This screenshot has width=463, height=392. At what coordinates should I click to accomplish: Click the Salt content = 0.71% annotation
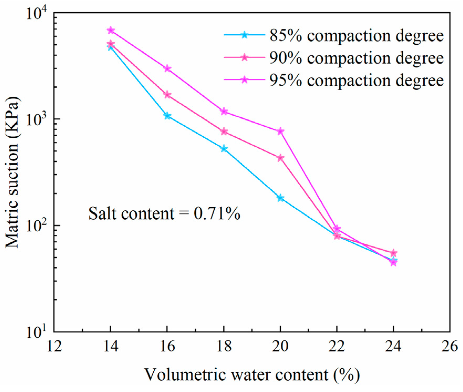pyautogui.click(x=164, y=213)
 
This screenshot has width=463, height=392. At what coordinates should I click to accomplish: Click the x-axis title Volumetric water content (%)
pyautogui.click(x=252, y=374)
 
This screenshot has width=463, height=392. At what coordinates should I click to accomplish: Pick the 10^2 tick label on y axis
pyautogui.click(x=36, y=226)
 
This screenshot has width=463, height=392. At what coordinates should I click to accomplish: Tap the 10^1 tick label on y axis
pyautogui.click(x=36, y=333)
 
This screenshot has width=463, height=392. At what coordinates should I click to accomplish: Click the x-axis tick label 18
pyautogui.click(x=224, y=347)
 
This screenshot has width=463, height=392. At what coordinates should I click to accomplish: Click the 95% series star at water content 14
pyautogui.click(x=111, y=30)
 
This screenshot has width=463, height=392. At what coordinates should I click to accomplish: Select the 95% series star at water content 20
pyautogui.click(x=280, y=131)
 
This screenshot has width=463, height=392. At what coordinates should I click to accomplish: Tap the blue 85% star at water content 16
pyautogui.click(x=167, y=116)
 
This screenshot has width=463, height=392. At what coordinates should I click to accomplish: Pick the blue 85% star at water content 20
pyautogui.click(x=280, y=198)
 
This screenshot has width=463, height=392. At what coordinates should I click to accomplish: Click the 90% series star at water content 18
pyautogui.click(x=224, y=131)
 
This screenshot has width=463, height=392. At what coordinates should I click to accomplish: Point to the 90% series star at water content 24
pyautogui.click(x=393, y=253)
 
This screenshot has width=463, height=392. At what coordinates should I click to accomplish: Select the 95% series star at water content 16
pyautogui.click(x=167, y=69)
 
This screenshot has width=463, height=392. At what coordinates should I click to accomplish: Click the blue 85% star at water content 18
pyautogui.click(x=224, y=149)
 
